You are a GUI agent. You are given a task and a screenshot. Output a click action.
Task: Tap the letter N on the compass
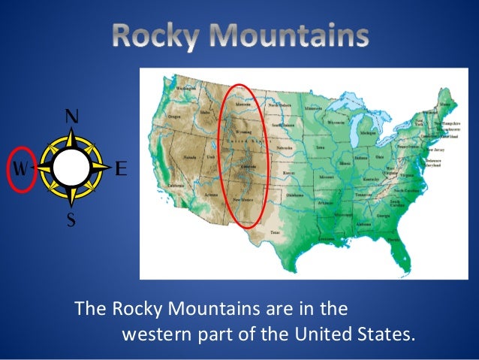72,117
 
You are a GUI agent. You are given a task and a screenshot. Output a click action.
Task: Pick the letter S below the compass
72,221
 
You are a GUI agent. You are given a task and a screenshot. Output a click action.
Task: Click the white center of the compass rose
71,167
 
